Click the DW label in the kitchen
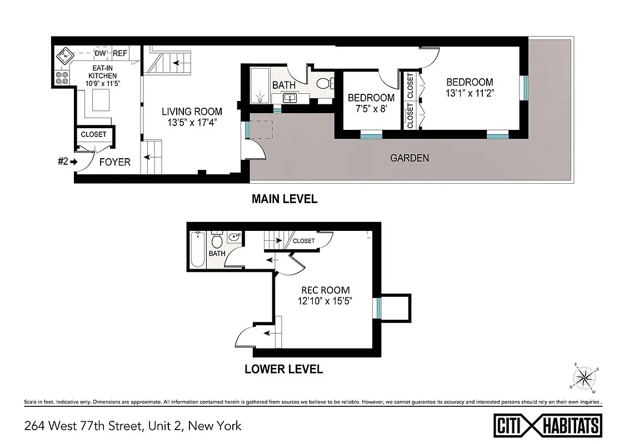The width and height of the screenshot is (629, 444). point(101,53)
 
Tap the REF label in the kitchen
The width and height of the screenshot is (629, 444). point(120,53)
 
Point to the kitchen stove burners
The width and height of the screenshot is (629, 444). point(61,78)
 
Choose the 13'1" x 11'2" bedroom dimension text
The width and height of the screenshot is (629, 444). point(470,94)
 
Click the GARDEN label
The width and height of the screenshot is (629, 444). point(409,158)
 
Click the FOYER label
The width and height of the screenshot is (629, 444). point(114,162)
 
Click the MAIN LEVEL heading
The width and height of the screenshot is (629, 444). point(284,199)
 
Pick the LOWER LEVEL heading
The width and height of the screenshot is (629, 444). point(283,369)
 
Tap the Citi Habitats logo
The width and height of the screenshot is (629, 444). point(548,426)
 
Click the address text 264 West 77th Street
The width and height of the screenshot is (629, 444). point(133,426)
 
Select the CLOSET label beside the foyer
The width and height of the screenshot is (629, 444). point(93,134)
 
